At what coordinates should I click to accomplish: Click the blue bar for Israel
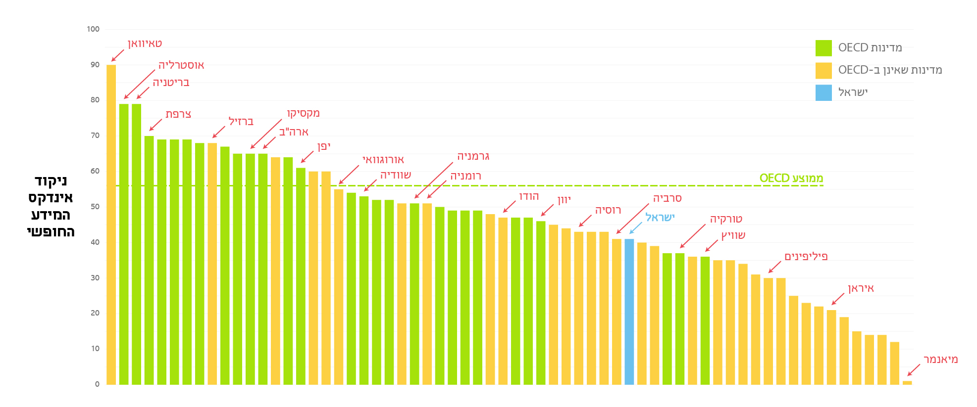click(x=629, y=312)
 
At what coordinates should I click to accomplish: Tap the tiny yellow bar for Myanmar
click(x=907, y=382)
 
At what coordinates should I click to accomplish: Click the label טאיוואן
click(x=145, y=44)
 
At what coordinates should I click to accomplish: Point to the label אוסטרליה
click(x=181, y=65)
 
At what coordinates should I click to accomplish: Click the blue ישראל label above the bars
click(x=660, y=218)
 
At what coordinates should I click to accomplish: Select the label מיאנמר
click(x=940, y=360)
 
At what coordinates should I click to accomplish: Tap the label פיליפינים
click(x=806, y=256)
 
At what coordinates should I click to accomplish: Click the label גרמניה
click(x=473, y=157)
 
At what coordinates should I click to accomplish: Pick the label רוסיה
click(x=608, y=210)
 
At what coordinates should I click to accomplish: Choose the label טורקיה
click(x=726, y=219)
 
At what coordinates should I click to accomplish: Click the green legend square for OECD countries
click(x=823, y=48)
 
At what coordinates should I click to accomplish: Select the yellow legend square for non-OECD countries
click(x=823, y=70)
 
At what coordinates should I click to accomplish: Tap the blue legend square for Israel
click(x=823, y=92)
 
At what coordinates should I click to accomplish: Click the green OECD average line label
click(x=791, y=178)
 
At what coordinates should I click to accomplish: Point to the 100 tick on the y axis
click(x=93, y=29)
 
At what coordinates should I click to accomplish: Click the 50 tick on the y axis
click(x=95, y=207)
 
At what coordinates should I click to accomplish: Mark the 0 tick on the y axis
click(x=97, y=384)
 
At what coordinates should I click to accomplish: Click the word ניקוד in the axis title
click(x=51, y=181)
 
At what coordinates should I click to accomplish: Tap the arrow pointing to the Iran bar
click(x=838, y=299)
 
